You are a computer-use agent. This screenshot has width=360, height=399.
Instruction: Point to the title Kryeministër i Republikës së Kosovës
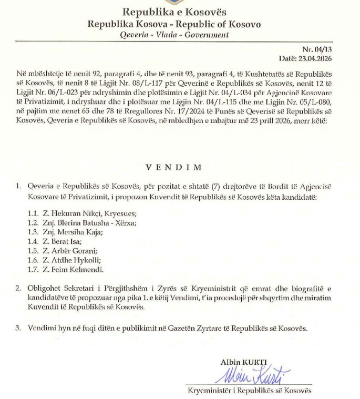click(x=250, y=391)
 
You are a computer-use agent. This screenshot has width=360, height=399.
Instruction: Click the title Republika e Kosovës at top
click(x=174, y=12)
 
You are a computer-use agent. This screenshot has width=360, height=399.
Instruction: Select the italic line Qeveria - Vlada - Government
click(x=174, y=35)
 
